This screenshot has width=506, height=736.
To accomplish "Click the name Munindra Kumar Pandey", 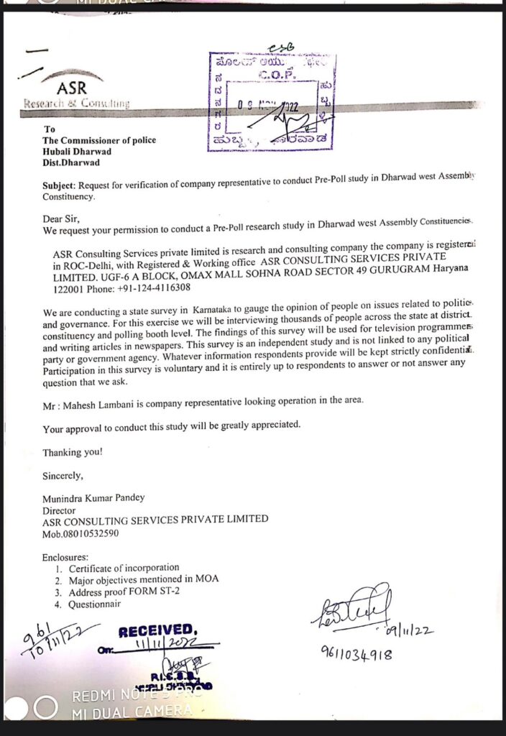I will (x=93, y=497).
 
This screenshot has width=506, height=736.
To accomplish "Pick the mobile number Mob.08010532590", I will (x=80, y=533).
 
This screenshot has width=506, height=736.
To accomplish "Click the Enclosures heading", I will (x=65, y=557).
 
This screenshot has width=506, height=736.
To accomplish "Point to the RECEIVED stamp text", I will (x=156, y=631).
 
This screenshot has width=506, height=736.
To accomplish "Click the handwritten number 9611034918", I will (x=356, y=654).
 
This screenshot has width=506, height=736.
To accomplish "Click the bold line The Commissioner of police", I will (x=99, y=140).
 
